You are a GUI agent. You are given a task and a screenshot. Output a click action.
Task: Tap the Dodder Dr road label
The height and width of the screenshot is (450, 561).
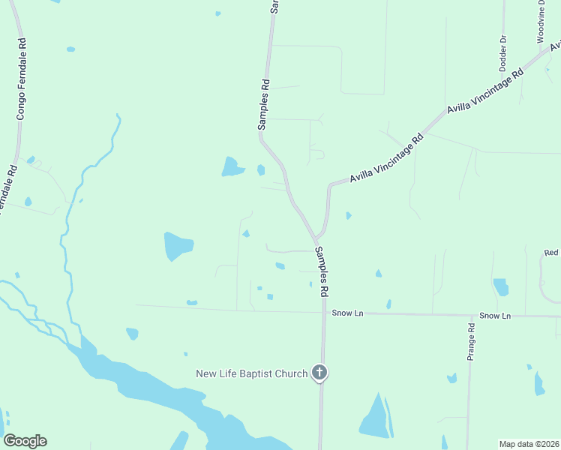pyautogui.click(x=503, y=51)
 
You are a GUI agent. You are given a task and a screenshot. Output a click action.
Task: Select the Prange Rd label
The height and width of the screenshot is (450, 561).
pyautogui.click(x=471, y=342)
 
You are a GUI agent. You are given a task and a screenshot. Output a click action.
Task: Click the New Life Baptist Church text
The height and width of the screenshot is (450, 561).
pyautogui.click(x=252, y=373)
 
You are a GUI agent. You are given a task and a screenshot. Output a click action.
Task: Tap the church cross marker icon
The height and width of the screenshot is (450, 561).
pyautogui.click(x=319, y=372)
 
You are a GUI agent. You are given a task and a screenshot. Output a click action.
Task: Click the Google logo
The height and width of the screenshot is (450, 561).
pyautogui.click(x=25, y=441)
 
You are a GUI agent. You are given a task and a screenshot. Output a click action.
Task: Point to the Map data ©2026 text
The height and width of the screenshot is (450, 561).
pyautogui.click(x=529, y=444)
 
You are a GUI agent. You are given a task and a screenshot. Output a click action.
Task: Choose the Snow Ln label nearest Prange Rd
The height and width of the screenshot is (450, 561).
pyautogui.click(x=495, y=316)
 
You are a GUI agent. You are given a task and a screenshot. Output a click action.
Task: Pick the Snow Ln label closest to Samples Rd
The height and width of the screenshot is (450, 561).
pyautogui.click(x=347, y=313)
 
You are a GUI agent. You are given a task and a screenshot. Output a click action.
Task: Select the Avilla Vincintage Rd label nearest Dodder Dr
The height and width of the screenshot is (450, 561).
pyautogui.click(x=485, y=92)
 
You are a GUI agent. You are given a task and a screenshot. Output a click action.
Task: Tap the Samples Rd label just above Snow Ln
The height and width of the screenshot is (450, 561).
pyautogui.click(x=321, y=270)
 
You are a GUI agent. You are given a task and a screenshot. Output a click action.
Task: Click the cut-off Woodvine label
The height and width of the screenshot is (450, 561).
pyautogui.click(x=541, y=22)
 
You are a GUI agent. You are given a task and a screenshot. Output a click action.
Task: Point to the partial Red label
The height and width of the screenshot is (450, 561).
pyautogui.click(x=552, y=253)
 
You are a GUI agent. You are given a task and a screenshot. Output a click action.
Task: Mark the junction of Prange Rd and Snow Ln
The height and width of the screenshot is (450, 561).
pyautogui.click(x=470, y=315)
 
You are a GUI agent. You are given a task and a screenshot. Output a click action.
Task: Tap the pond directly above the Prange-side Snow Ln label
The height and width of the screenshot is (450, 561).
pyautogui.click(x=500, y=287)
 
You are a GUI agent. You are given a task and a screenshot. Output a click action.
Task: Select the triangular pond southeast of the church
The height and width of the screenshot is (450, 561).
pyautogui.click(x=373, y=416)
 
